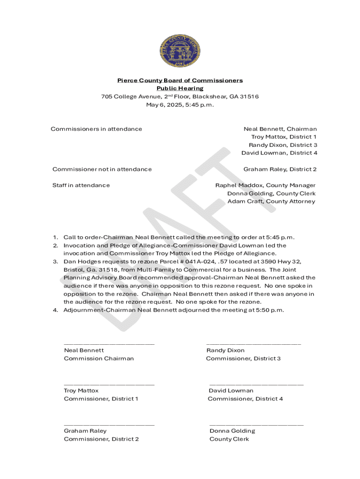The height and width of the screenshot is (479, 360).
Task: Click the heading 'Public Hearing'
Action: pyautogui.click(x=180, y=88)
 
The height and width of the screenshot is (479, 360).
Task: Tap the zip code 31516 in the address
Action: pyautogui.click(x=249, y=97)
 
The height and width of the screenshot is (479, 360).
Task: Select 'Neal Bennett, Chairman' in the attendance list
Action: pyautogui.click(x=280, y=129)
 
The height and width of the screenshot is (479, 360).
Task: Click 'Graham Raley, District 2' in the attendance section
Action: pyautogui.click(x=280, y=169)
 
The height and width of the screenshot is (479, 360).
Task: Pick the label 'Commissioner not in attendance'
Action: pyautogui.click(x=102, y=169)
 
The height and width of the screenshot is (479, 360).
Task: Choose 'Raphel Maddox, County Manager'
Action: pyautogui.click(x=265, y=185)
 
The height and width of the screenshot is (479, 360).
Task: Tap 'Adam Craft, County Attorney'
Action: pyautogui.click(x=271, y=202)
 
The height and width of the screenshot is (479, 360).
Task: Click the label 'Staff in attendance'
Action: pyautogui.click(x=81, y=185)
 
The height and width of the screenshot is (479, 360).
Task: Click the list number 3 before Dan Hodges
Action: pyautogui.click(x=55, y=261)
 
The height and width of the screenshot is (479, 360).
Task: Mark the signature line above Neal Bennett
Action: pyautogui.click(x=109, y=344)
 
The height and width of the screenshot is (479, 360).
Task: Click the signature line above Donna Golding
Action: pyautogui.click(x=256, y=425)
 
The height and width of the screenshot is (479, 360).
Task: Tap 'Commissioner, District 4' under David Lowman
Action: pyautogui.click(x=245, y=399)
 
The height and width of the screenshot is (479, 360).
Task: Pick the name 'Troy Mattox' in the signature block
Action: pyautogui.click(x=81, y=391)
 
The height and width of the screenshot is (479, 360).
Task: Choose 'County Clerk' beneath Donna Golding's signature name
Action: pyautogui.click(x=229, y=439)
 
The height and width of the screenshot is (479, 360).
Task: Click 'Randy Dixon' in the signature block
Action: pyautogui.click(x=225, y=350)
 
